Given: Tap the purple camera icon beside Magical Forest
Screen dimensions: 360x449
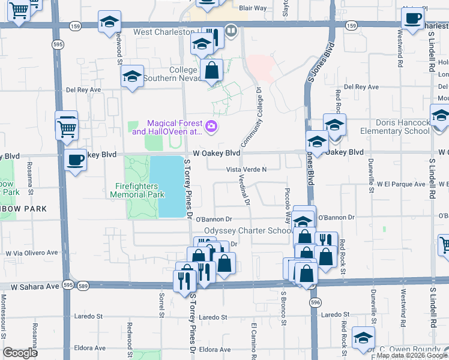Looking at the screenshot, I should point(211,126).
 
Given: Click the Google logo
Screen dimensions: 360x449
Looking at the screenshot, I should point(20,353).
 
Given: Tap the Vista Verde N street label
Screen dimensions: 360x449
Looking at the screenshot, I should point(246,170).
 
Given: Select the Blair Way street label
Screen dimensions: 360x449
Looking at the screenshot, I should point(252,8).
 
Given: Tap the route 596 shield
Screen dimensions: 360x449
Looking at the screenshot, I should point(316,304).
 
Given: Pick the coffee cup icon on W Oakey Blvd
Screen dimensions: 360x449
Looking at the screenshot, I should point(75,160).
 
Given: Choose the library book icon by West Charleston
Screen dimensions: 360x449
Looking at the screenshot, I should point(231,29).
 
